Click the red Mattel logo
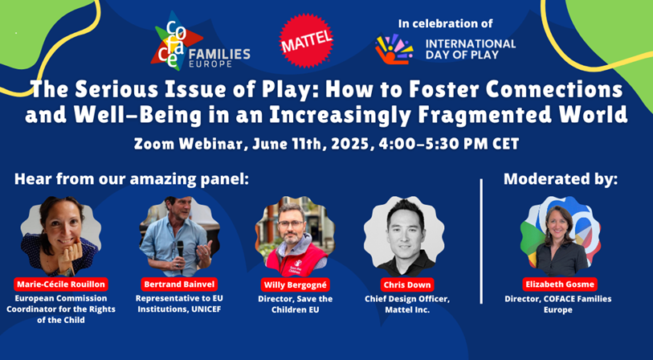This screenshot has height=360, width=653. coord(306,41)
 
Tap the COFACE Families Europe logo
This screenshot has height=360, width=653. coord(200,41)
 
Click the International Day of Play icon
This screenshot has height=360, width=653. coord(394,49)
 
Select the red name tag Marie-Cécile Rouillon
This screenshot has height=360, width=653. coord(61,284)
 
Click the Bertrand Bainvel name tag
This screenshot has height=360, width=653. coord(179,284)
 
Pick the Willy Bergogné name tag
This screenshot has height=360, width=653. coord(296,285)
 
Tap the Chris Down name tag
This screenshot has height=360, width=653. coord(407,285)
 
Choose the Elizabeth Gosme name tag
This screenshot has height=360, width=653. coord(560,284)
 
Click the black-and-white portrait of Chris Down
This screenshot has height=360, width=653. coord(404,237)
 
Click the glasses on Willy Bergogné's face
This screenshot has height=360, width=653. coord(291,223)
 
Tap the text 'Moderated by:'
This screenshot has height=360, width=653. coord(561,179)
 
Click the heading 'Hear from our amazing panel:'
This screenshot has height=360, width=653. coord(131,179)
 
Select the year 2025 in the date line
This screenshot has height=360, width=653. coord(354,144)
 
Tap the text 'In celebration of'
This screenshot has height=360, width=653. coord(446,24)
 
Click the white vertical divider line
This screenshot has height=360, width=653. coord(481,241)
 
